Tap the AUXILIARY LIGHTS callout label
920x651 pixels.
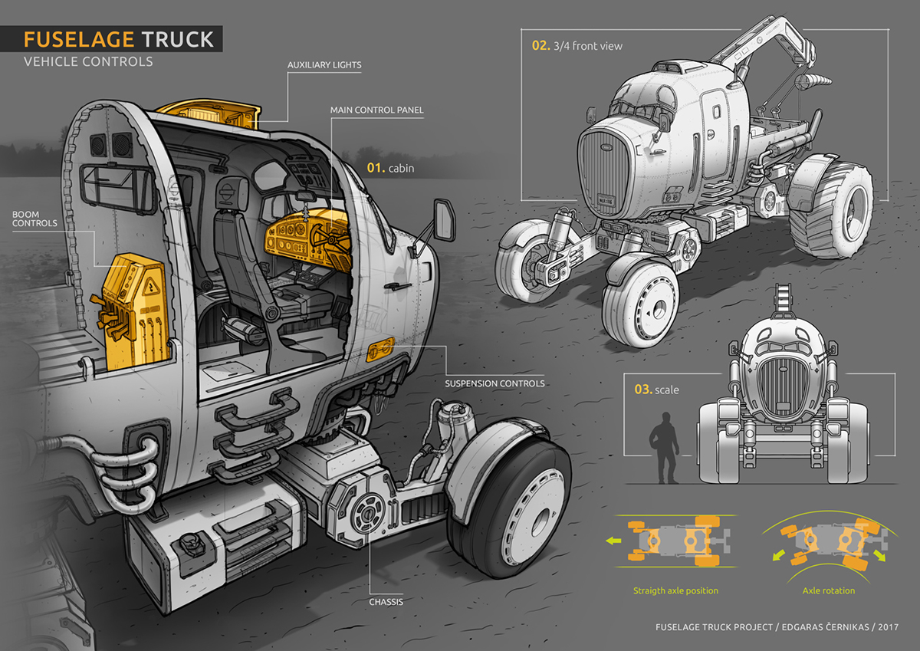(x=324, y=64)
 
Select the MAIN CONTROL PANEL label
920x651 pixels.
(x=376, y=110)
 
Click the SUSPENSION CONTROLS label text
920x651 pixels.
(x=495, y=383)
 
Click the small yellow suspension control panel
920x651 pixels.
(x=381, y=350)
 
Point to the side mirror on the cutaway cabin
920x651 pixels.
(x=442, y=218)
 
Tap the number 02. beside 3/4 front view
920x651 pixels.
(x=540, y=45)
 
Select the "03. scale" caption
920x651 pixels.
(x=656, y=390)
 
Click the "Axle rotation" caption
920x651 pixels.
(x=829, y=591)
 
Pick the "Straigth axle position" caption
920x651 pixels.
(x=675, y=591)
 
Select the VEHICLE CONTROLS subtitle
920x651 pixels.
(x=88, y=61)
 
